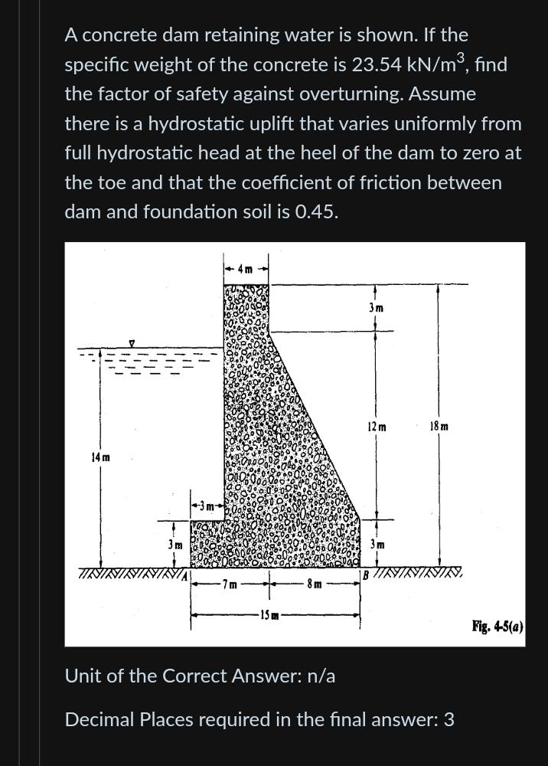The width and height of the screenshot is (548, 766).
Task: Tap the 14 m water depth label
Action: coord(100,457)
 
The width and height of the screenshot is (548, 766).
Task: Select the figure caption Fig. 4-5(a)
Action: coord(497,627)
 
